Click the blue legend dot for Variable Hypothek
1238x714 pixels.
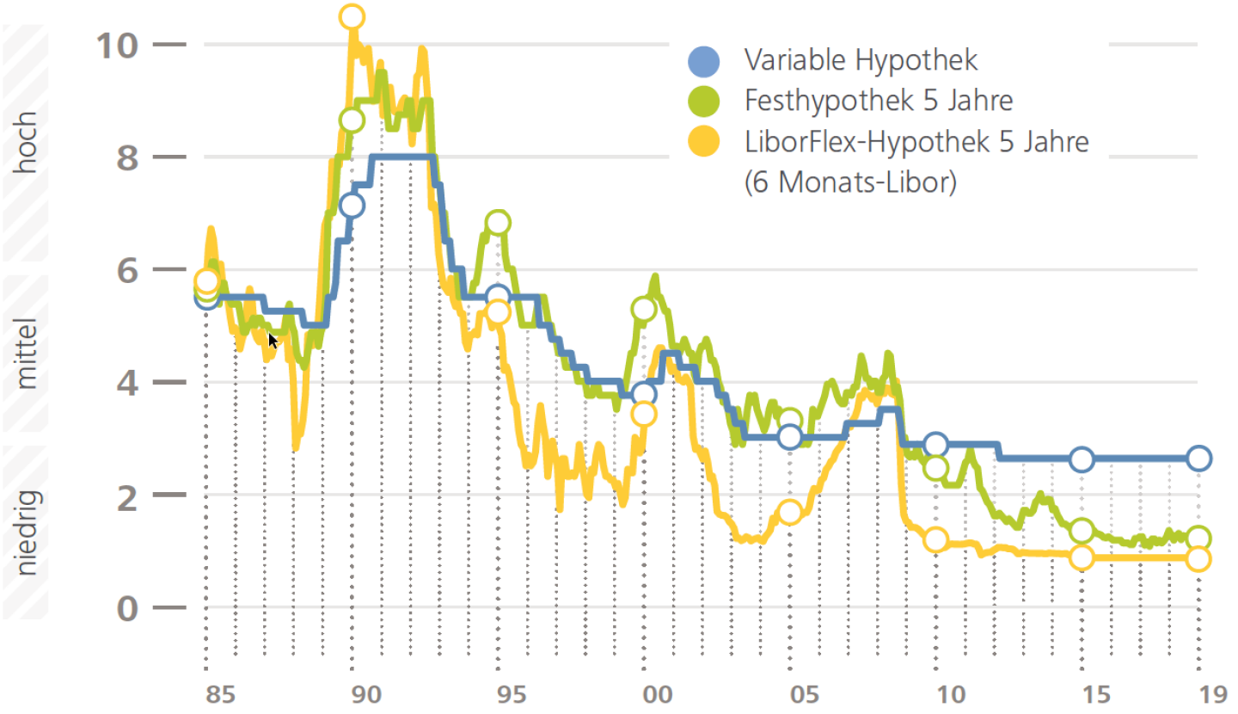coord(703,60)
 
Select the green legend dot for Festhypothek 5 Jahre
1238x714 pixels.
coord(703,101)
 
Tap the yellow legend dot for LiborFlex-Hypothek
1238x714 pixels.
coord(703,140)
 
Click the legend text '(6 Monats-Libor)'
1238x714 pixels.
coord(850,182)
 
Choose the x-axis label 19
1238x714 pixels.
coord(1199,693)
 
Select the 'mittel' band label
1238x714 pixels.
coord(28,354)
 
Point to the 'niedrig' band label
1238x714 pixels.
coord(28,530)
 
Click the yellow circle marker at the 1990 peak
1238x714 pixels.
coord(352,16)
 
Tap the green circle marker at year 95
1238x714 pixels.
coord(497,223)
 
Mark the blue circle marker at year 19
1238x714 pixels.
coord(1199,458)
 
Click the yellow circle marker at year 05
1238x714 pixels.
coord(789,513)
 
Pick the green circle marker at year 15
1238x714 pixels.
coord(1082,530)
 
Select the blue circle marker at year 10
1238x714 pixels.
coord(935,444)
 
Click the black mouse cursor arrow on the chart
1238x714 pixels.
coord(273,340)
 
